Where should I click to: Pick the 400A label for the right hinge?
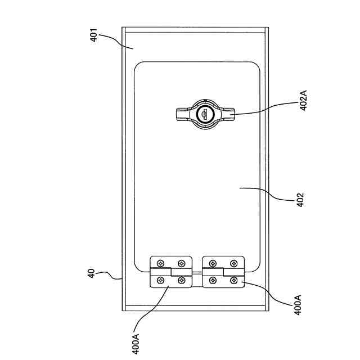pos(297,304)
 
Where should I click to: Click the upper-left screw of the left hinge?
pos(161,263)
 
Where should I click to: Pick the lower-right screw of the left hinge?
pos(181,280)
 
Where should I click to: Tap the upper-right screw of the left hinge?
pos(181,263)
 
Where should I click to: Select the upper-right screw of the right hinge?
pos(233,263)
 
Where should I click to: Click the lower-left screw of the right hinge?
pos(213,280)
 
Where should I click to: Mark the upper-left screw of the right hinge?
pos(213,263)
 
